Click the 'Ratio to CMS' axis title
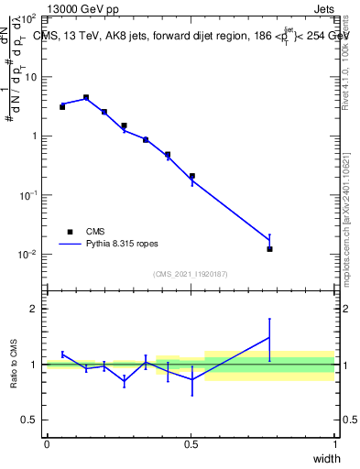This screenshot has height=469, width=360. pos(14,364)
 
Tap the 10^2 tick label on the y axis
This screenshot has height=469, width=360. pos(28,18)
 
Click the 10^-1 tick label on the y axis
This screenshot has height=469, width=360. pos(28,195)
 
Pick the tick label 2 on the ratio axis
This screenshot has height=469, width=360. pos(34,309)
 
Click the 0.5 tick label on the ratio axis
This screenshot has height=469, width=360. pos(30,420)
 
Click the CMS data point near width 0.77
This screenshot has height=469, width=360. pos(269,248)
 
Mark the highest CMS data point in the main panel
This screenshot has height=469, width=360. pos(86,97)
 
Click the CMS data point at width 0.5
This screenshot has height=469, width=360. pos(191,176)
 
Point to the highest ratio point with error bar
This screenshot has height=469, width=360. pos(269,338)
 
